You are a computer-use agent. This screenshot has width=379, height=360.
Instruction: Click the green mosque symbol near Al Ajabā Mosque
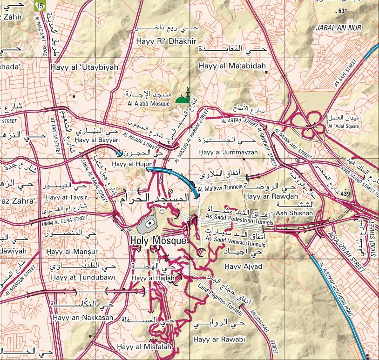click(185, 97)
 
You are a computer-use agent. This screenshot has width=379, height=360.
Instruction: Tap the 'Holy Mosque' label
click(158, 241)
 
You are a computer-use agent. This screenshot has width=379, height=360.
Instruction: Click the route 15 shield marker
click(41, 6)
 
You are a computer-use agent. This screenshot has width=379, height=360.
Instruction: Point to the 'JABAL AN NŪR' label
click(338, 28)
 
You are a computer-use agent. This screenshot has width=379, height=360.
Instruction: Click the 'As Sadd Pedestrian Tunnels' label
click(239, 223)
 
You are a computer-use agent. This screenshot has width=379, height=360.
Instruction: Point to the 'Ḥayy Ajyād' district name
click(243, 267)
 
